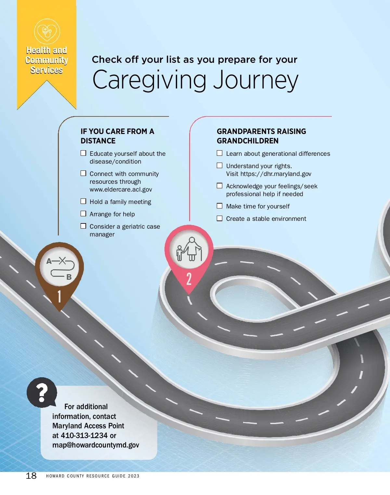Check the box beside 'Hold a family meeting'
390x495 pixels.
[84, 201]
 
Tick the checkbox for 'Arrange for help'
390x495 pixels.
[84, 214]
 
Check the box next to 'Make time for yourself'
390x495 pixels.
[220, 206]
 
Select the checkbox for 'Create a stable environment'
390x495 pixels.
[220, 218]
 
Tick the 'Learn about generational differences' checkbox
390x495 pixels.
[220, 153]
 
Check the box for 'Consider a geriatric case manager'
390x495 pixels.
[84, 226]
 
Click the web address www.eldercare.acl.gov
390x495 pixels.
[121, 189]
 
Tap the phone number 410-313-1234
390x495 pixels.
[84, 435]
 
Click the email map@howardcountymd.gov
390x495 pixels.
[96, 445]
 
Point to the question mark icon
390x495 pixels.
[42, 392]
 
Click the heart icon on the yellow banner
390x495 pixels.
[47, 32]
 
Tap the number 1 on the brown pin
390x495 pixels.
[59, 297]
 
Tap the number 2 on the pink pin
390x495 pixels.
[189, 279]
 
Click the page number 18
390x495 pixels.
[31, 475]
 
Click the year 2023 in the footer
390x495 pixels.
[134, 476]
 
